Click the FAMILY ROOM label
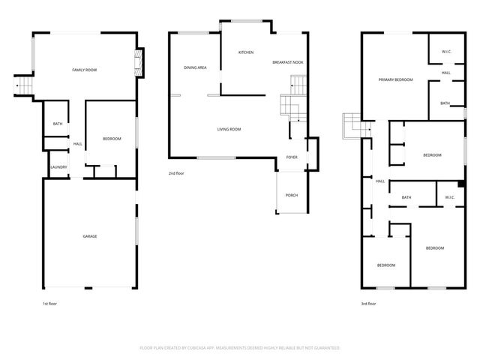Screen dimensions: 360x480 [x=84, y=70]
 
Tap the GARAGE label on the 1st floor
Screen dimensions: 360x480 [x=89, y=236]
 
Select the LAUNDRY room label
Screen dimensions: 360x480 [x=58, y=167]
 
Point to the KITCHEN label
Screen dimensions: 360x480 [x=245, y=52]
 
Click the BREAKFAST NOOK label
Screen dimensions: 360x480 [x=287, y=62]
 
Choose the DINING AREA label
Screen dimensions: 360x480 [x=195, y=68]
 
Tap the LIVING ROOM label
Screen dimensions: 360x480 [x=229, y=130]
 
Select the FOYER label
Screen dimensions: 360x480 [x=292, y=157]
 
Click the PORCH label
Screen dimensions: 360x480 [x=292, y=195]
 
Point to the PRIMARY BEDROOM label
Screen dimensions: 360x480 [x=395, y=79]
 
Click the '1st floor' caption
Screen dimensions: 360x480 [x=49, y=304]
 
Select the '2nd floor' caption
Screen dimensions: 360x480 [x=176, y=173]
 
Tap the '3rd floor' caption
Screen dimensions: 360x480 [x=367, y=304]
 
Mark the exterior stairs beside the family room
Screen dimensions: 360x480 [x=25, y=87]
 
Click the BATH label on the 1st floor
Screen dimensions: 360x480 [x=58, y=124]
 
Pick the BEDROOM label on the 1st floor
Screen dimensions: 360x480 [x=112, y=139]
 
